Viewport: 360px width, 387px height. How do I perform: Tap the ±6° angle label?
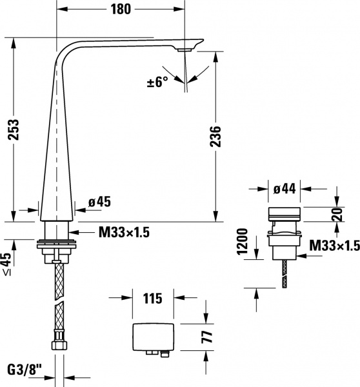point(156,82)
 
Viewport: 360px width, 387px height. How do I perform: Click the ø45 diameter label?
point(99,202)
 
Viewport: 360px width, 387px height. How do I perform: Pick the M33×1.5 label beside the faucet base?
point(124,233)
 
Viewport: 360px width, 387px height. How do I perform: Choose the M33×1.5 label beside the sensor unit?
point(334,245)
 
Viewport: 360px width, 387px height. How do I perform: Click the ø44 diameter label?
point(284,189)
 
